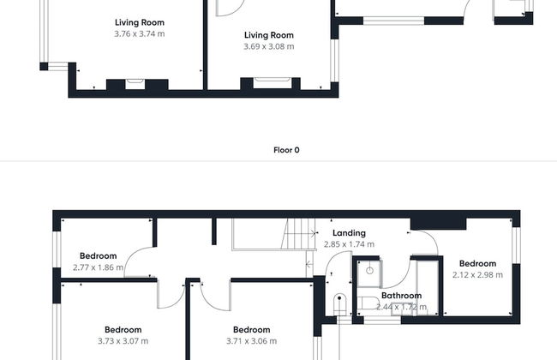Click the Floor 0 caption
(x=286, y=150)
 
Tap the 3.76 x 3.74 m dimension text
(x=139, y=33)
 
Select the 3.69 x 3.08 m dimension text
(x=269, y=46)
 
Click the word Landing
(x=349, y=233)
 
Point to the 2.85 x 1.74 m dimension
(x=349, y=244)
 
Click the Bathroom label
(x=401, y=296)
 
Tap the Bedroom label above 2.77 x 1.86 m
(x=98, y=256)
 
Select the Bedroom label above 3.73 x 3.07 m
(x=123, y=330)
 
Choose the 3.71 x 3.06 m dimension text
(x=251, y=341)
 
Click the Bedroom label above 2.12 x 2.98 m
(x=477, y=264)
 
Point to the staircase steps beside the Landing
(x=298, y=233)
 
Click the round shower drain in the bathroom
(x=369, y=271)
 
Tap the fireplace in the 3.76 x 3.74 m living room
(x=135, y=84)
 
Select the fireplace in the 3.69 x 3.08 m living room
(x=273, y=83)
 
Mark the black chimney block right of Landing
(x=438, y=224)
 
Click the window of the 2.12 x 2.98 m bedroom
(x=517, y=245)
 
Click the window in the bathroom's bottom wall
(x=382, y=321)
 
